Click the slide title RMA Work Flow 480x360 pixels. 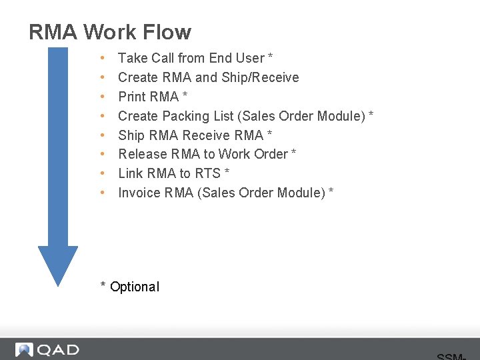click(x=110, y=31)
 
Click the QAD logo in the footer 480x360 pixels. click(x=47, y=349)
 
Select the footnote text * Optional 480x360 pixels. click(x=130, y=287)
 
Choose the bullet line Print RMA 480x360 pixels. click(x=153, y=97)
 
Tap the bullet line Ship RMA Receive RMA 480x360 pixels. click(x=195, y=135)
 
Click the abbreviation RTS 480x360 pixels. click(x=208, y=173)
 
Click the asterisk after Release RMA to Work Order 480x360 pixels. click(x=294, y=153)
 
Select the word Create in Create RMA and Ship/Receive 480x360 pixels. click(x=137, y=77)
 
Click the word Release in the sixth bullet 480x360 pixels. click(x=143, y=154)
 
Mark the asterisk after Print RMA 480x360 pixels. click(x=185, y=96)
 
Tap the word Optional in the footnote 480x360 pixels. click(x=135, y=287)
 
